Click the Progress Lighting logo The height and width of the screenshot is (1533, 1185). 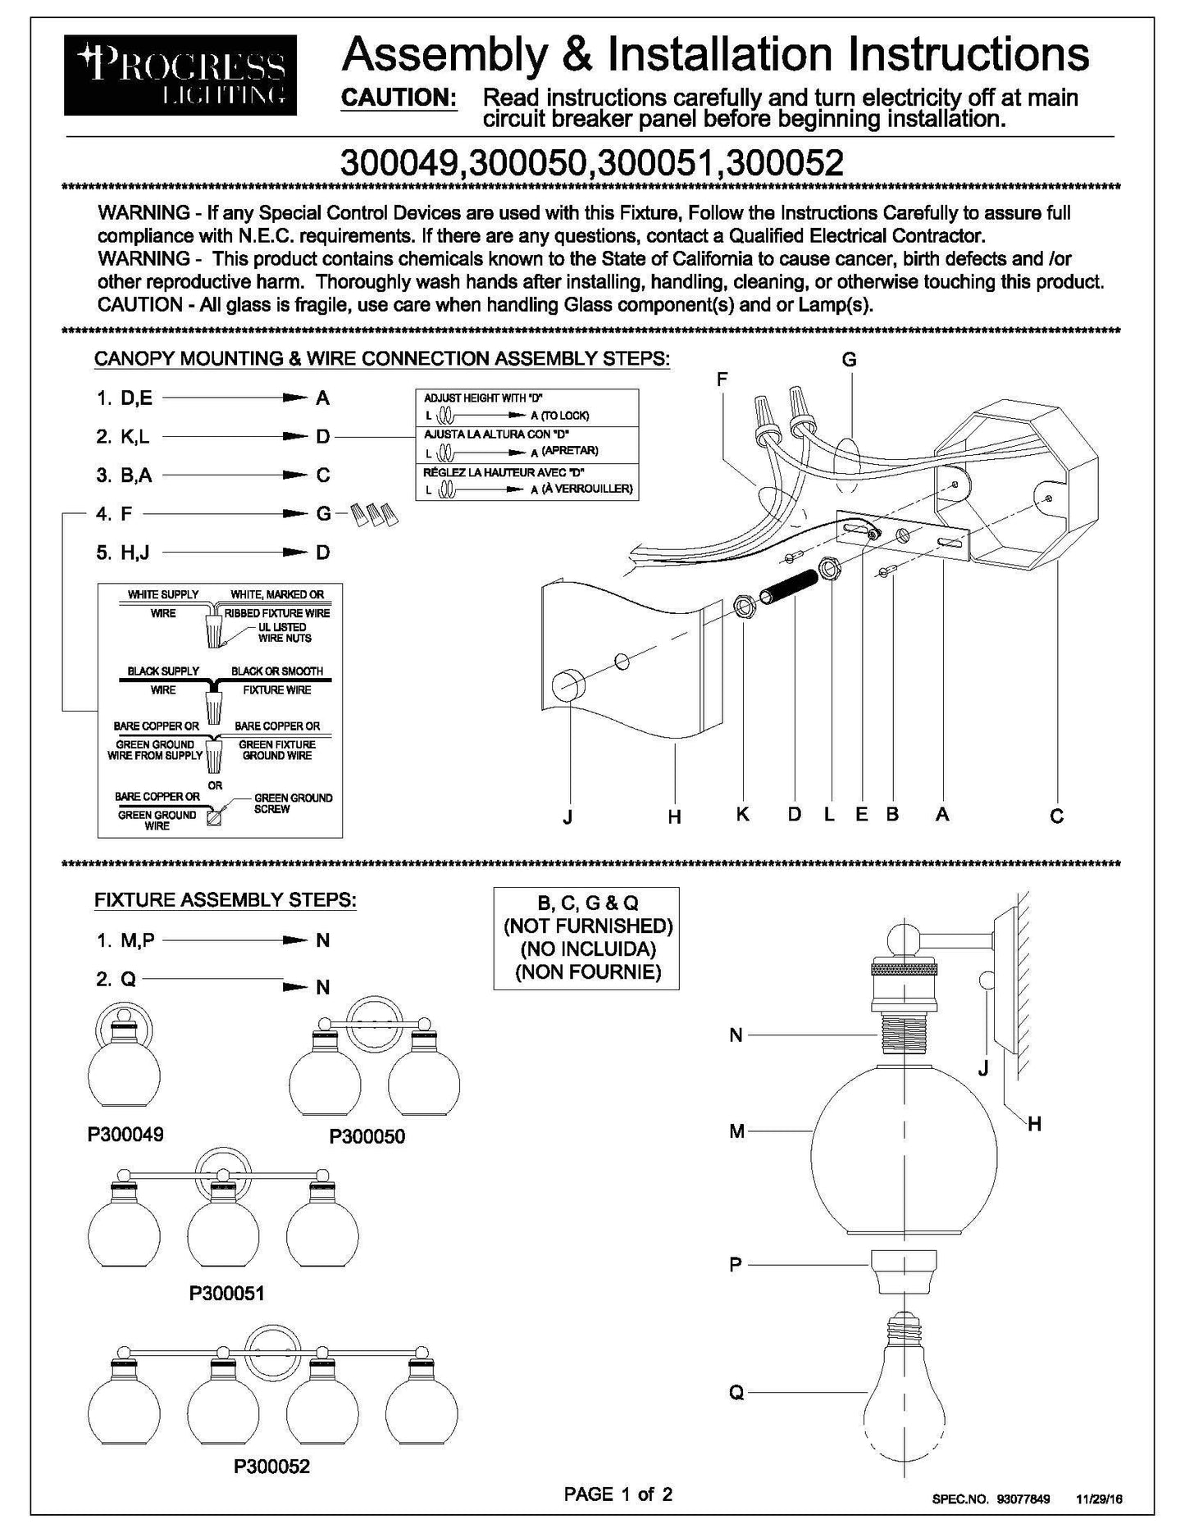click(182, 75)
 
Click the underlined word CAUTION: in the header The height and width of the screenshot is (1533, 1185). click(399, 98)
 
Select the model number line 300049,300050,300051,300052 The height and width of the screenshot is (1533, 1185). click(591, 163)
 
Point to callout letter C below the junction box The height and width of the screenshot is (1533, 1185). click(1056, 817)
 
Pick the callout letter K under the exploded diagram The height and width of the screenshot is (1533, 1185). click(742, 814)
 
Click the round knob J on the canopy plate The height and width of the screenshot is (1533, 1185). click(567, 685)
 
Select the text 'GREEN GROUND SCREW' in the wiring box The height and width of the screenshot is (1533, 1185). click(292, 803)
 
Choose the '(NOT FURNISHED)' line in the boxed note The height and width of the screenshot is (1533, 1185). click(587, 926)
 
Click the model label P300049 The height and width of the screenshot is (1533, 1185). click(125, 1135)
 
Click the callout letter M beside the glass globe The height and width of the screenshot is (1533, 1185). click(736, 1131)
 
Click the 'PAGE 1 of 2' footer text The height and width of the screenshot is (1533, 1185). click(618, 1494)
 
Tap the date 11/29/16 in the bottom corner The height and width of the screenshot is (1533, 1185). click(1099, 1499)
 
